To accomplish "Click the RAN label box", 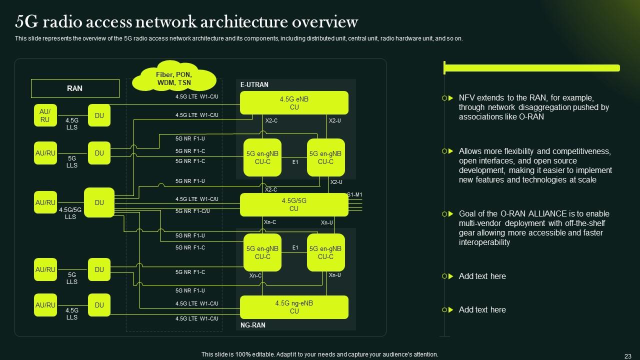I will coord(75,88).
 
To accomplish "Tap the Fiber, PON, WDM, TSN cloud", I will coord(173,78).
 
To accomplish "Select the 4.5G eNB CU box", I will coord(294,103).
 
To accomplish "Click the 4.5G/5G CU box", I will coord(294,204).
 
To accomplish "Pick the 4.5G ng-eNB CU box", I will coord(294,307).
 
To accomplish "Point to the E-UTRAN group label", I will coord(254,85).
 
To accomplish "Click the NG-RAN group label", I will coord(252,325).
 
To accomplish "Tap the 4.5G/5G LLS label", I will coord(70,213).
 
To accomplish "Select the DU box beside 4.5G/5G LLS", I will coord(99,202).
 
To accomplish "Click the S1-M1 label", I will coord(354,195).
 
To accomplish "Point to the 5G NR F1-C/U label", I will coord(192,211).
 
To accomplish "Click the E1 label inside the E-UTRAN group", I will coord(295,162).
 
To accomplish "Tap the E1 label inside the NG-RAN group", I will coord(295,247).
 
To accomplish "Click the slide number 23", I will coord(628,355).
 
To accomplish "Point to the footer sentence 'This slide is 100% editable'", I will coord(319,354).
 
